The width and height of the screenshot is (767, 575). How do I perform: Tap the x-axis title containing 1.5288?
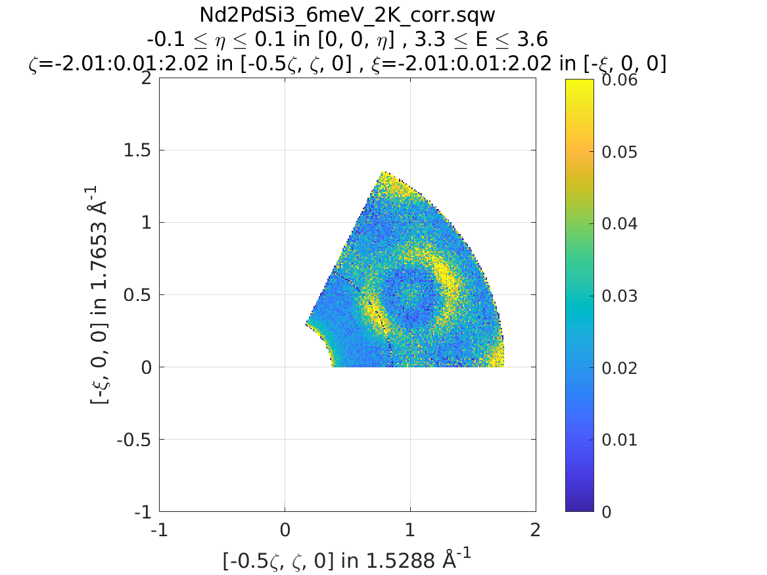(x=347, y=561)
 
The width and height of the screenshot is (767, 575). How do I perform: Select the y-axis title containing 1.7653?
(x=99, y=294)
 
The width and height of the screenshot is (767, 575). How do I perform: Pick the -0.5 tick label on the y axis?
(x=135, y=440)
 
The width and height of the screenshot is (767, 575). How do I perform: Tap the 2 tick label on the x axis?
(x=536, y=530)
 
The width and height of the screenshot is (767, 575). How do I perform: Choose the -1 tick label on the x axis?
(x=159, y=530)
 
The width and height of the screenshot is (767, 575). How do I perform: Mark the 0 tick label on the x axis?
(x=285, y=530)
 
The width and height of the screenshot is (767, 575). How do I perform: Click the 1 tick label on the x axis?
(x=410, y=530)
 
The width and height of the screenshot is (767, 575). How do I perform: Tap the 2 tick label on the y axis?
(x=145, y=78)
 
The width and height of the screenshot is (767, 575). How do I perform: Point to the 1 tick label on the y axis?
(x=145, y=223)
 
